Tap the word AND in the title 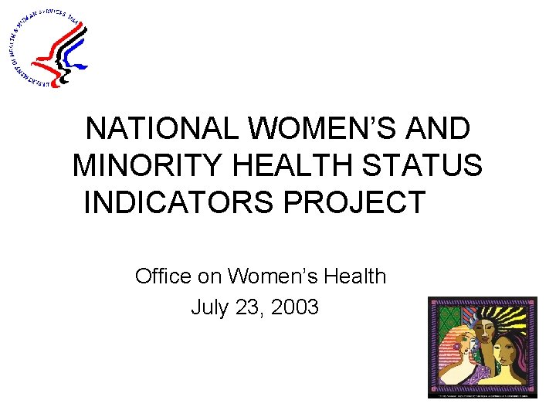[x=440, y=129]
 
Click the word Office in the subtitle [x=161, y=276]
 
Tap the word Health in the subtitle [x=354, y=276]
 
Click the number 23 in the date [x=246, y=307]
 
